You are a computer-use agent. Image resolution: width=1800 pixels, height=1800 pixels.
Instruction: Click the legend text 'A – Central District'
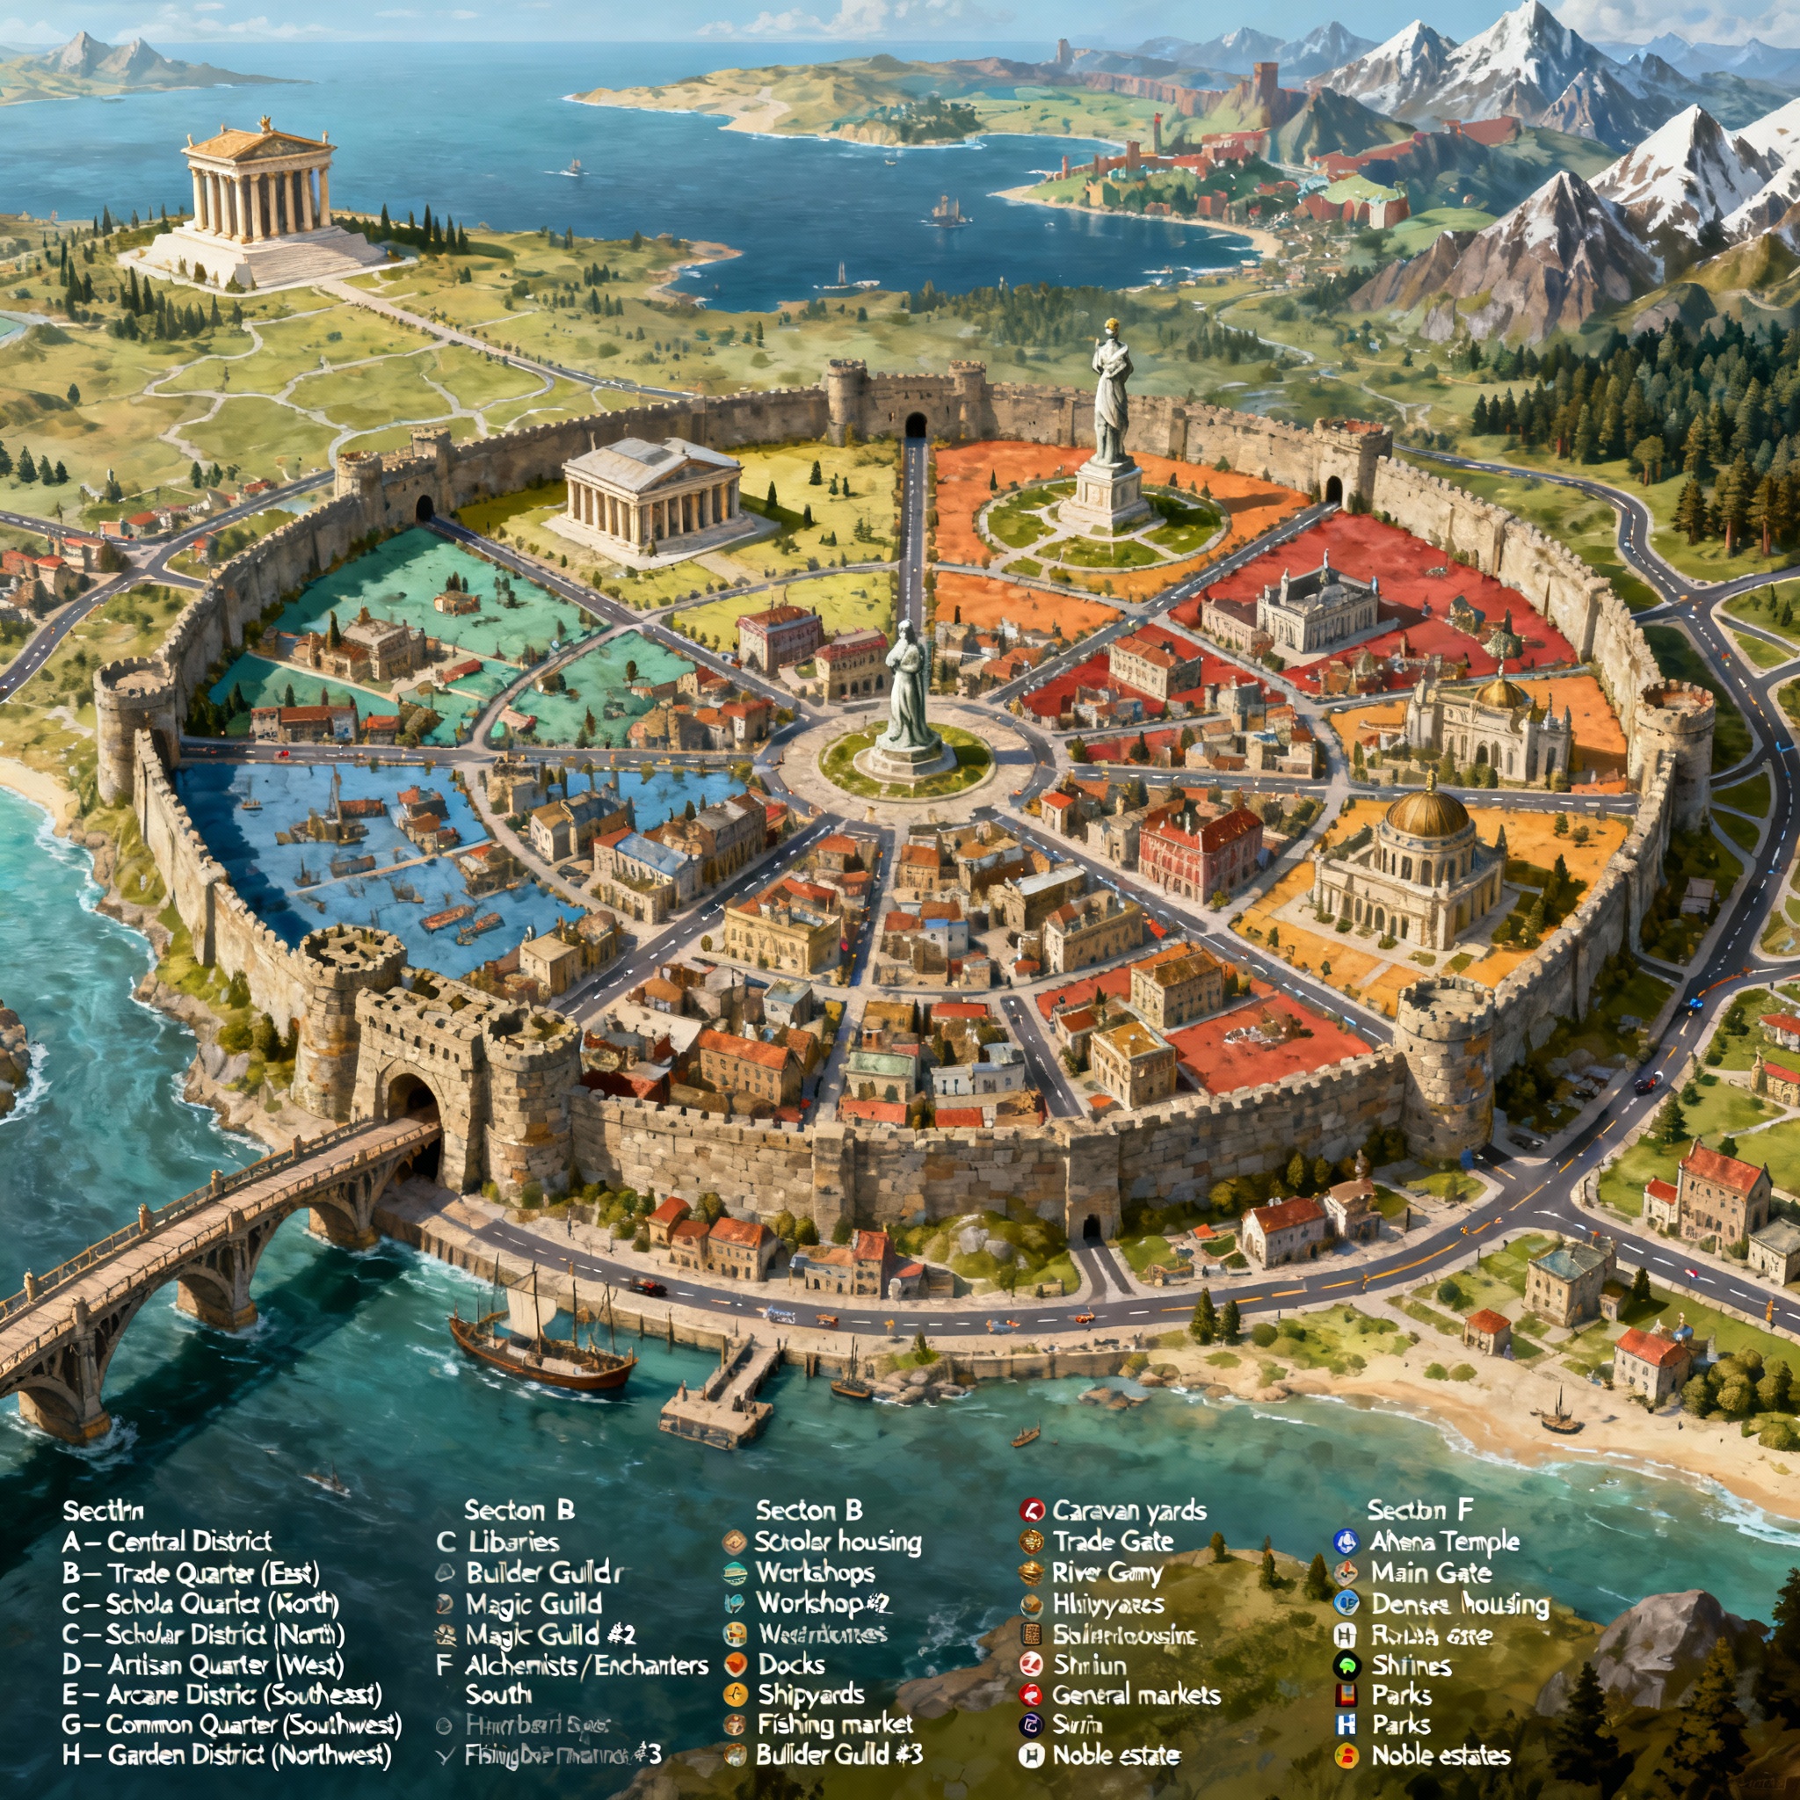[168, 1542]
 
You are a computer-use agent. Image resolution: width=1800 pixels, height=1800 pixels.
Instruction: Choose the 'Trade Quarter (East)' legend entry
[191, 1573]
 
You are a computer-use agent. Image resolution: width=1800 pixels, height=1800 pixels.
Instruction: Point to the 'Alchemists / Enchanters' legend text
[586, 1665]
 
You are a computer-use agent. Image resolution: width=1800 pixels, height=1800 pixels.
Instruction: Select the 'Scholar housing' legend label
[838, 1542]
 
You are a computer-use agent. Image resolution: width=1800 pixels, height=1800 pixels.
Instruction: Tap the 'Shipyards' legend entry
[810, 1695]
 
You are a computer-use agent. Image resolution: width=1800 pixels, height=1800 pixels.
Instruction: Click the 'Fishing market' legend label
[835, 1724]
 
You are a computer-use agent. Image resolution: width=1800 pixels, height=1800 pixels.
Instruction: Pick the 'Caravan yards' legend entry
[1129, 1511]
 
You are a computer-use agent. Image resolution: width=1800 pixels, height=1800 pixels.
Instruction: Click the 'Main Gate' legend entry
[1431, 1573]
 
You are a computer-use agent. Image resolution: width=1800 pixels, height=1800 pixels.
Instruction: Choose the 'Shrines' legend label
[1412, 1665]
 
